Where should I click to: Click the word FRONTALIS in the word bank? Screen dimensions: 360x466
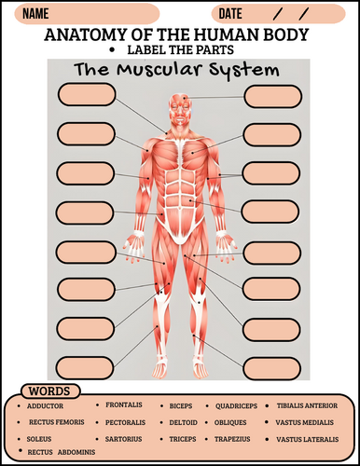(124, 404)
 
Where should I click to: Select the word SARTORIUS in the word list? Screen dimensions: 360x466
(123, 439)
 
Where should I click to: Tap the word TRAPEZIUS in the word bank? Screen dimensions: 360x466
(232, 439)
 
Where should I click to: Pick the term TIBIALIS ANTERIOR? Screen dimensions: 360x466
(307, 405)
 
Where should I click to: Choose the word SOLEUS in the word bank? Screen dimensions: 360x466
(39, 439)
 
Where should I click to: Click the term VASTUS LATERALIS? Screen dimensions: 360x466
(308, 439)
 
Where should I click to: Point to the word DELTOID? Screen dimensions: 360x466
(183, 422)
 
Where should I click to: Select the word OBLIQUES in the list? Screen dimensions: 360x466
(230, 422)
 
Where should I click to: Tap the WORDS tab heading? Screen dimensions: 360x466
(49, 391)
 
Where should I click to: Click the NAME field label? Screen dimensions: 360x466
(35, 14)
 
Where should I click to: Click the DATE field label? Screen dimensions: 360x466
(230, 14)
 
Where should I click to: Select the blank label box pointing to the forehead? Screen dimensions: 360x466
(273, 97)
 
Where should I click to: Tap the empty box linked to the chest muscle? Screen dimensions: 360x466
(272, 135)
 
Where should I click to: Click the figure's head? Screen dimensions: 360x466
(180, 109)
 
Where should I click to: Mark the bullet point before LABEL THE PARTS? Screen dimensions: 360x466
(112, 50)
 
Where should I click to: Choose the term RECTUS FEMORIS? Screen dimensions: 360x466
(57, 422)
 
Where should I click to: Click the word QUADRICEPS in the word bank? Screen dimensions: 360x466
(236, 406)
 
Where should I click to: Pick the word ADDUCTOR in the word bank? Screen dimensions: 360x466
(45, 406)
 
